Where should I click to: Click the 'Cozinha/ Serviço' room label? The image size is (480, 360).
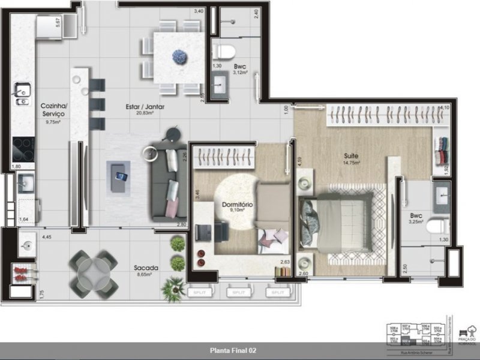click(53, 110)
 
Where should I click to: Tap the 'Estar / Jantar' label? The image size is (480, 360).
click(145, 107)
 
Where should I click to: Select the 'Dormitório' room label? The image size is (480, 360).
click(237, 205)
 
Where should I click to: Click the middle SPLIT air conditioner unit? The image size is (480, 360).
click(239, 293)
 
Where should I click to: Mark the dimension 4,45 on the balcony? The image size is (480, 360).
click(46, 237)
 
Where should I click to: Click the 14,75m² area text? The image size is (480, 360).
click(351, 163)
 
